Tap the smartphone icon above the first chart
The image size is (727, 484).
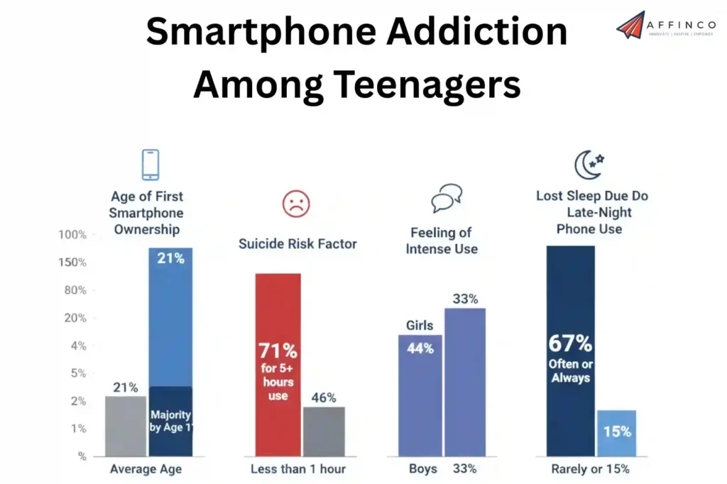point(151,165)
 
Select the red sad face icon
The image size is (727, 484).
point(296,204)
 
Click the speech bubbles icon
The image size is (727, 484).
point(447,198)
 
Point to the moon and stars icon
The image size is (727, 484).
point(589,165)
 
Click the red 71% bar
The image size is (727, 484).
point(278,364)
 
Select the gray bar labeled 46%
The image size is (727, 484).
point(324,431)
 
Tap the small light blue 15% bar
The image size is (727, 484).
point(616,432)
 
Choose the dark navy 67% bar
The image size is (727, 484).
point(570,351)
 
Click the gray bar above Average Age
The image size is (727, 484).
point(126,426)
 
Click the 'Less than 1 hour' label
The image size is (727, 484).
point(298,469)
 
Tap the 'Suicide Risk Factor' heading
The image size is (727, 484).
point(297,244)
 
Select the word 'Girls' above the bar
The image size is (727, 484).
point(419,326)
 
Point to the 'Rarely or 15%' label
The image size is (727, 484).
point(590,469)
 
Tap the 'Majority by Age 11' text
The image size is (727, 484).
point(170,421)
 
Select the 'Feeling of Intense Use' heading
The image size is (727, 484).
point(442,241)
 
